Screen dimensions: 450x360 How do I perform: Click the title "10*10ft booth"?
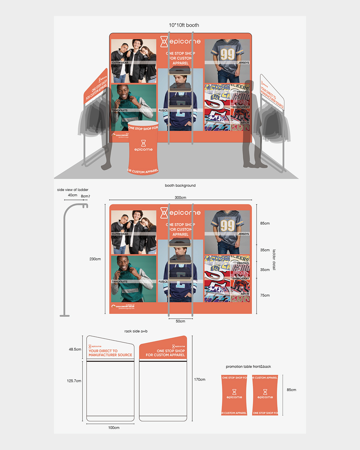184,25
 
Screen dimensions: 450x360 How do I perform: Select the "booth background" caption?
180,185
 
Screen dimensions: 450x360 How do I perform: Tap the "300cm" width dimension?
180,198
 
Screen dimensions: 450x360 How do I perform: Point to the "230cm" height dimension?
95,259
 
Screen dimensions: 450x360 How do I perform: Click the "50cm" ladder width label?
180,321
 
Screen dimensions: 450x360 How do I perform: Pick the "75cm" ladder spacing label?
265,295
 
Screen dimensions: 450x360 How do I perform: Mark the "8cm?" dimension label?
85,196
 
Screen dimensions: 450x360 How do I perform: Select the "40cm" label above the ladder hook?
72,195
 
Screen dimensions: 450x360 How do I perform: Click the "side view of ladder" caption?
73,190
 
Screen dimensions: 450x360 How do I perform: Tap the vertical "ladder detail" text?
274,260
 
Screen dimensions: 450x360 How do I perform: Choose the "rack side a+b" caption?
136,331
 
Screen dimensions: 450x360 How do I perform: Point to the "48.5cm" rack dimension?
75,349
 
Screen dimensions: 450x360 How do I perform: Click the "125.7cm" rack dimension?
74,381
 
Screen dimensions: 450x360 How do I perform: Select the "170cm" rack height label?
200,380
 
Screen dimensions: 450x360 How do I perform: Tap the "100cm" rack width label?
114,428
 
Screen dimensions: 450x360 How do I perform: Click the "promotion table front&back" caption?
248,367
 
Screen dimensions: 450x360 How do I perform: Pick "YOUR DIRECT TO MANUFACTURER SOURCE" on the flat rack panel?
110,353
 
